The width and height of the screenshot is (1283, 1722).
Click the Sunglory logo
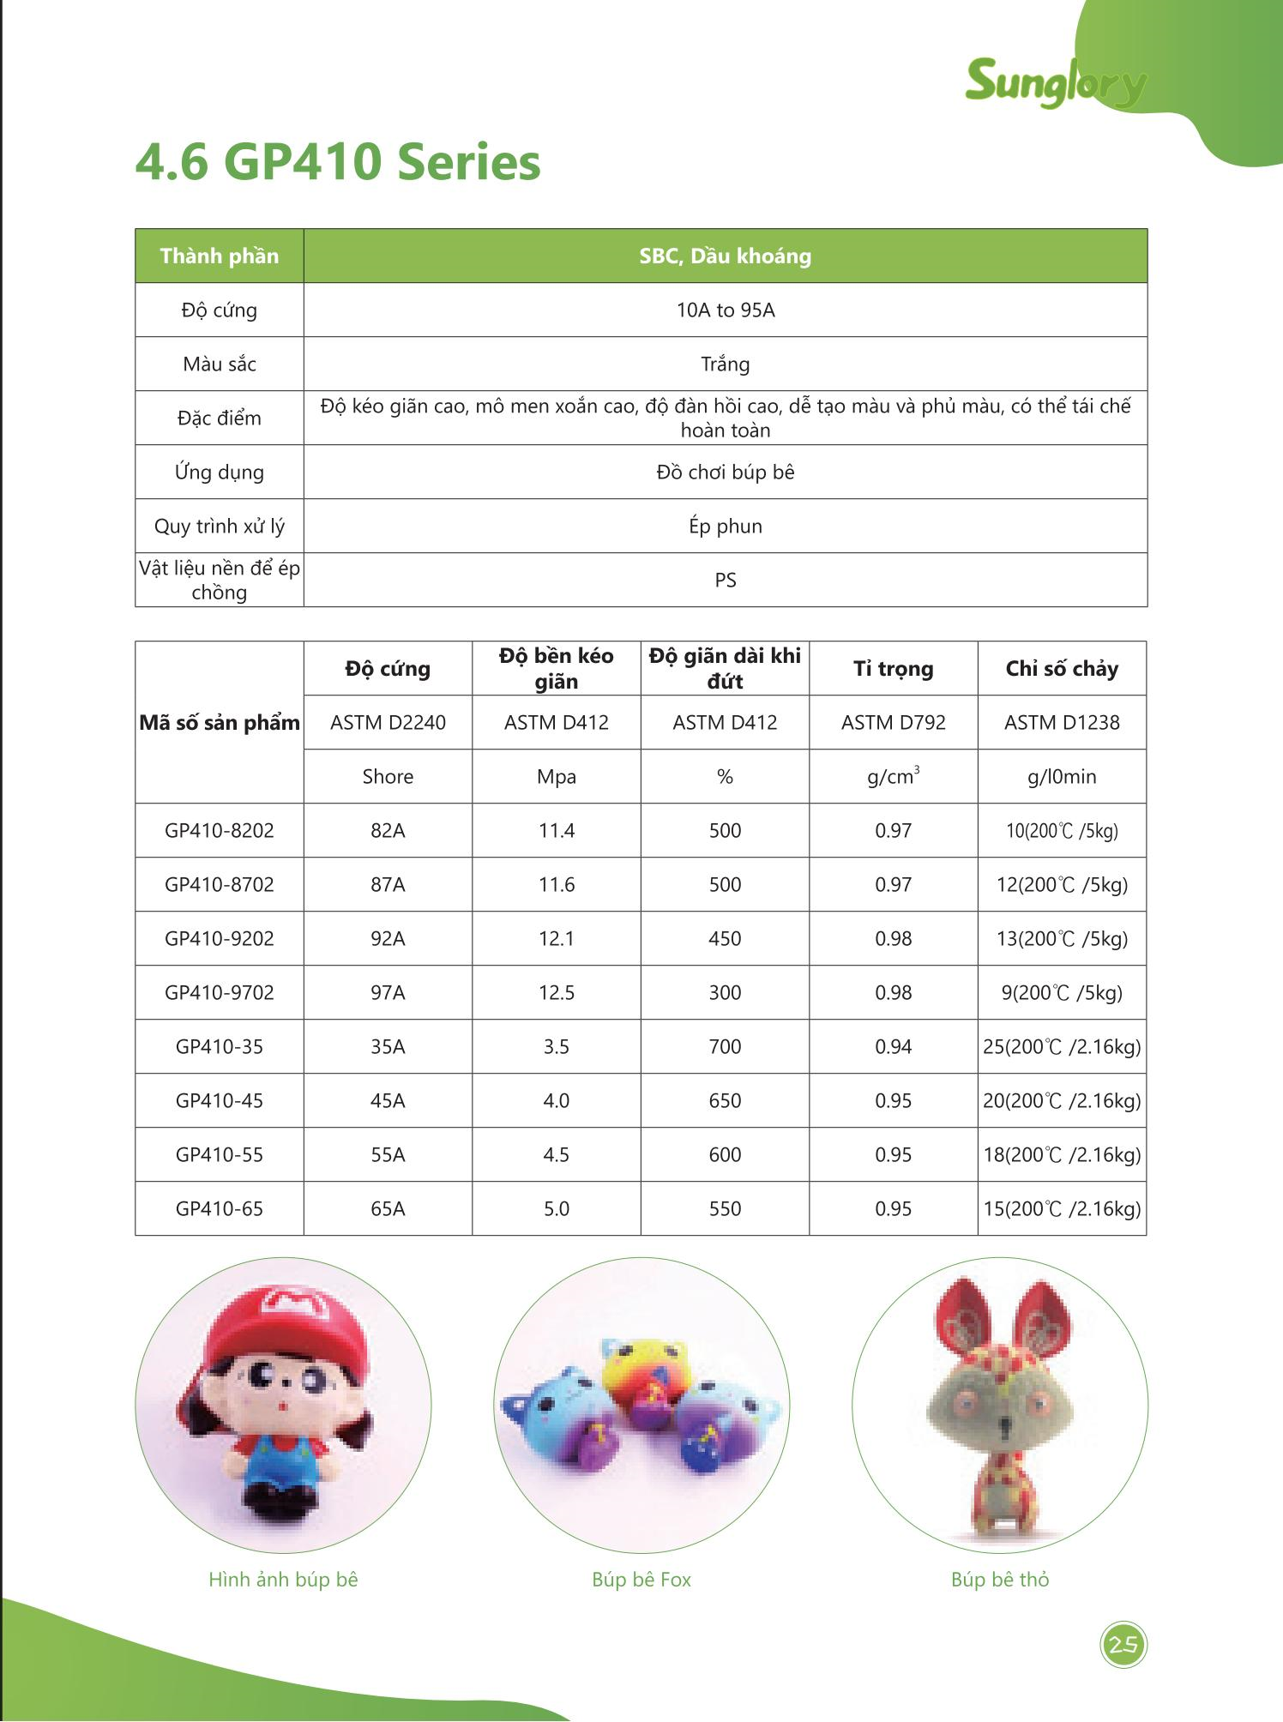click(1055, 83)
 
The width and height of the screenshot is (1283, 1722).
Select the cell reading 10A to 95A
click(725, 310)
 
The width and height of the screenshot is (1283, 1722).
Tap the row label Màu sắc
click(220, 364)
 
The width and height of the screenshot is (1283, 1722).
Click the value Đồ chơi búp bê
click(725, 473)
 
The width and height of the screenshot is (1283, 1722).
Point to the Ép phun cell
click(725, 527)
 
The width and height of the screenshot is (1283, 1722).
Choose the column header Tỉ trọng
click(893, 669)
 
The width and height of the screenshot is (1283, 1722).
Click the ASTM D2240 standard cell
click(388, 723)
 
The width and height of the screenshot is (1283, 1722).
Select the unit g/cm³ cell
click(893, 777)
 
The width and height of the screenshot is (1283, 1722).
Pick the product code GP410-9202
click(220, 939)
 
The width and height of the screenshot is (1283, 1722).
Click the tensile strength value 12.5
click(556, 993)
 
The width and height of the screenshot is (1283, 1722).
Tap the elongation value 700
click(725, 1047)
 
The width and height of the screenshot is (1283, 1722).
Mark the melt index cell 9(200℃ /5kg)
click(1062, 993)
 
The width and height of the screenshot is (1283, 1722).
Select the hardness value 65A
click(388, 1209)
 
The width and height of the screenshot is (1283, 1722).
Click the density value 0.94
click(893, 1047)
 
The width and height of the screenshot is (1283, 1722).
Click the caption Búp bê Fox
click(641, 1580)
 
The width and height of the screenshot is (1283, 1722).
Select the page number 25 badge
click(1123, 1645)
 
